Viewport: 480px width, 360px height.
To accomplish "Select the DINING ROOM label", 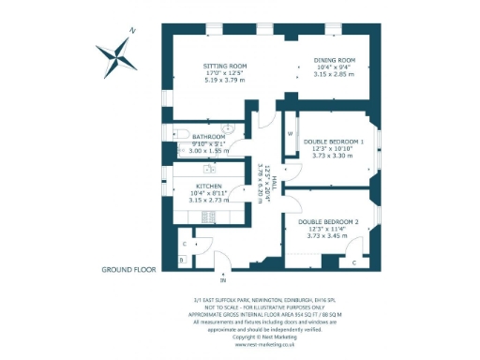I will point(334,61).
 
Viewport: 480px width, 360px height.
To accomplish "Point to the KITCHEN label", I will point(208,186).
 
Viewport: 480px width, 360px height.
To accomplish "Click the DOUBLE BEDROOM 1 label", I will point(333,142).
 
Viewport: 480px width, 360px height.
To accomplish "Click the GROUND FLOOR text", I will point(127,270).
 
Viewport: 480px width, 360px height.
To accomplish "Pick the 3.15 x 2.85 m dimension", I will point(334,74).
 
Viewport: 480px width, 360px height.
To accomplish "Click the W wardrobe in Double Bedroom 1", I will point(290,134).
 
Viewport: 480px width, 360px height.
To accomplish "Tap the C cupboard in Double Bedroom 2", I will point(353,263).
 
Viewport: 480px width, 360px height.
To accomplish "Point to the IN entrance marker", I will point(222,279).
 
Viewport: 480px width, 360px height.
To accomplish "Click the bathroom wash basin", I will point(227,129).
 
